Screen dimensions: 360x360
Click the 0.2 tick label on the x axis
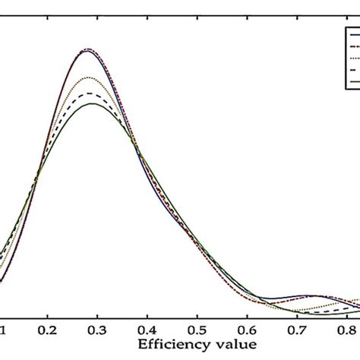(48, 331)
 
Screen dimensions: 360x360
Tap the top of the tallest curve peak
(89, 49)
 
